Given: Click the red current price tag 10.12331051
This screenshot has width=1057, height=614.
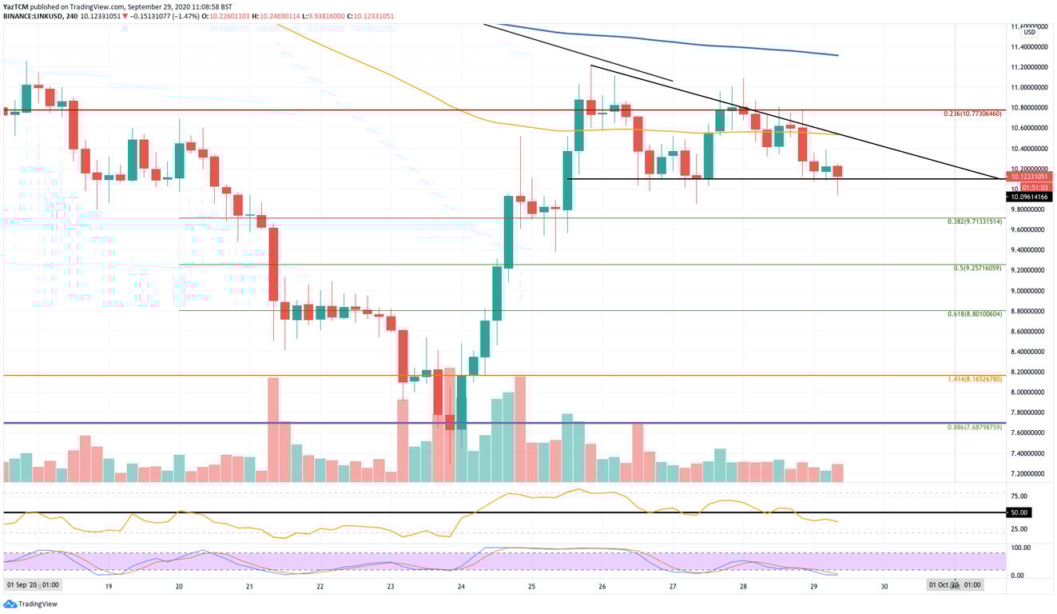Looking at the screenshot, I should click(x=1029, y=176).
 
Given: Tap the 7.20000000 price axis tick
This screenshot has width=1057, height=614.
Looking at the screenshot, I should click(x=1030, y=474).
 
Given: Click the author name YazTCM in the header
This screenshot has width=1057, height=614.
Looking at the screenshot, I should click(x=17, y=6).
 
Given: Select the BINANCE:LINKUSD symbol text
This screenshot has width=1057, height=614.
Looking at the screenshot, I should click(x=34, y=14).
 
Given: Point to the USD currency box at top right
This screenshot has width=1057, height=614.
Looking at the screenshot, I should click(x=1029, y=32).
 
